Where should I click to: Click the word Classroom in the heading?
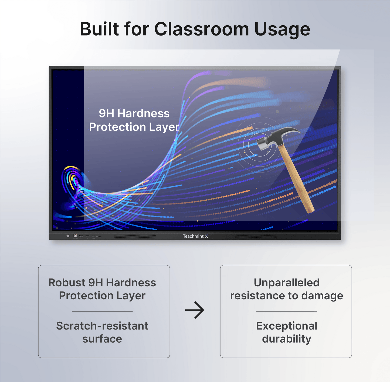pyautogui.click(x=201, y=29)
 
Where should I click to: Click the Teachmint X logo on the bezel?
pyautogui.click(x=195, y=236)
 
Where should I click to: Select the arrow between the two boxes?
pyautogui.click(x=195, y=310)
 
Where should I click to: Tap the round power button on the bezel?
pyautogui.click(x=68, y=236)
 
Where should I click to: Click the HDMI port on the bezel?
pyautogui.click(x=81, y=236)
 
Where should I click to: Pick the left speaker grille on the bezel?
pyautogui.click(x=134, y=237)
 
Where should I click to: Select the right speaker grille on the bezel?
pyautogui.click(x=256, y=237)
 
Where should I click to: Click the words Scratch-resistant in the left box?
pyautogui.click(x=102, y=326)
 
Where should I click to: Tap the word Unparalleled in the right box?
pyautogui.click(x=286, y=283)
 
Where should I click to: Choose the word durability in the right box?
pyautogui.click(x=286, y=339)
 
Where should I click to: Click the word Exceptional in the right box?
pyautogui.click(x=286, y=326)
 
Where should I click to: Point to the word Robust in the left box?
pyautogui.click(x=67, y=283)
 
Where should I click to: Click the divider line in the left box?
pyautogui.click(x=102, y=312)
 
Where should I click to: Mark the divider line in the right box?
pyautogui.click(x=286, y=312)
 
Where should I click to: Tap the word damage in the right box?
pyautogui.click(x=322, y=296)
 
